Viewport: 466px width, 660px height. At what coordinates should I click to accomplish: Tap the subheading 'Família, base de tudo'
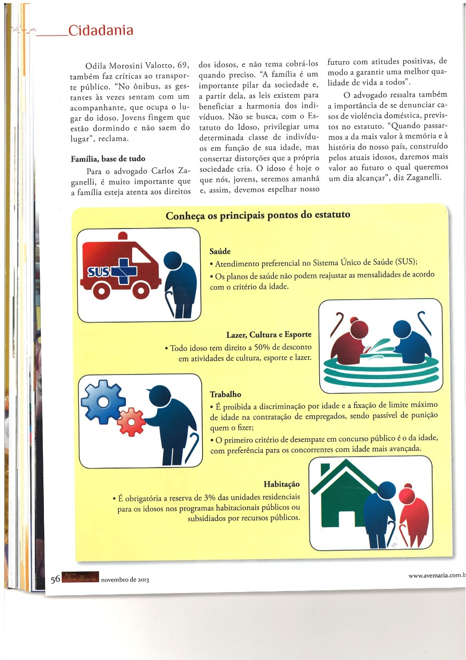pos(108,158)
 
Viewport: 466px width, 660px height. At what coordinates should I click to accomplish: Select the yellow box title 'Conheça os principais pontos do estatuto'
pos(258,215)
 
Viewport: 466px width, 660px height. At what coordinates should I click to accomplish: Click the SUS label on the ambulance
pos(98,271)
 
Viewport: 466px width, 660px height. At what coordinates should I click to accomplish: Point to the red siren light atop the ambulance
pos(123,236)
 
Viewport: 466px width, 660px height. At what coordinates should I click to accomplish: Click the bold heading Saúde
pos(220,251)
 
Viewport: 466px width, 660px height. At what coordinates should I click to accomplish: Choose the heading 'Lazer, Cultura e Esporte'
pos(269,335)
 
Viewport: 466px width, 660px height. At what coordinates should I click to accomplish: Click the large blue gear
pos(103,402)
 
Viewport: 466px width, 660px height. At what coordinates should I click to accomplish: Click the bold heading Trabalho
pos(225,394)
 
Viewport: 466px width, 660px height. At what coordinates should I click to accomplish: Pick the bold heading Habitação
pos(282,484)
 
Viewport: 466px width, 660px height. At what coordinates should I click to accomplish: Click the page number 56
pos(55,579)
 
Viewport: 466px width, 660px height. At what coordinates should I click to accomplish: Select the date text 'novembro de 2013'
pos(125,580)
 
